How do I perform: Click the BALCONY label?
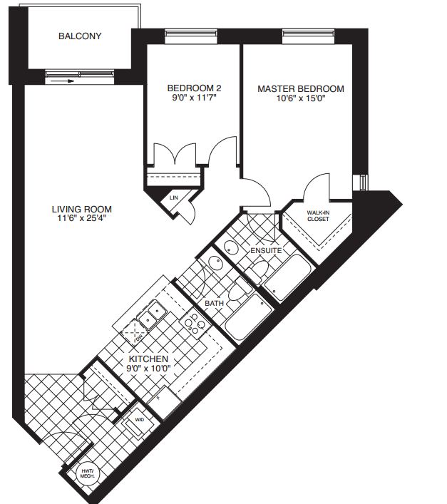pyautogui.click(x=81, y=36)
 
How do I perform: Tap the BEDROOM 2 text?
pyautogui.click(x=185, y=89)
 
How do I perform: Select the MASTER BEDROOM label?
pyautogui.click(x=300, y=89)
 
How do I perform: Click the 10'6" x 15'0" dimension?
pyautogui.click(x=300, y=100)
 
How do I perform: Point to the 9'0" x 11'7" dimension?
pyautogui.click(x=185, y=100)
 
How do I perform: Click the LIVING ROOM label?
pyautogui.click(x=82, y=210)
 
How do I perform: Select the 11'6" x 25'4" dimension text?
pyautogui.click(x=82, y=220)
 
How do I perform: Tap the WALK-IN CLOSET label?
pyautogui.click(x=318, y=216)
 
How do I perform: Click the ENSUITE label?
pyautogui.click(x=266, y=251)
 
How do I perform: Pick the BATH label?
pyautogui.click(x=214, y=304)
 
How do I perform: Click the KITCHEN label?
pyautogui.click(x=148, y=359)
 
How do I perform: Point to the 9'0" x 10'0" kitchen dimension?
pyautogui.click(x=148, y=369)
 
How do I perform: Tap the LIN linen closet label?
pyautogui.click(x=173, y=197)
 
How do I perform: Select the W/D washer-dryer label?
pyautogui.click(x=140, y=421)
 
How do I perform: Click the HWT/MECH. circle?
pyautogui.click(x=88, y=473)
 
